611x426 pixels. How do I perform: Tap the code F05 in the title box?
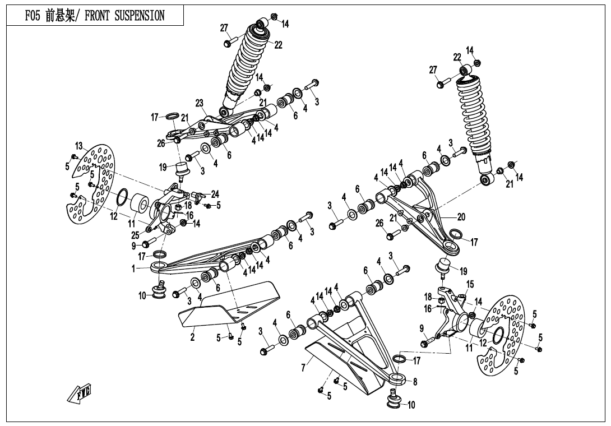[34, 16]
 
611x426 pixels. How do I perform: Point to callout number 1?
[133, 269]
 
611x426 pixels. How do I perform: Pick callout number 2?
[192, 337]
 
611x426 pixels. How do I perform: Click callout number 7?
[303, 368]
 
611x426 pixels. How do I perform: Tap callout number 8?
[415, 382]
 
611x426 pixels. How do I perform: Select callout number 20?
[461, 217]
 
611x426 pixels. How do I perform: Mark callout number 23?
[199, 103]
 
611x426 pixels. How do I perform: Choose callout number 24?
[215, 195]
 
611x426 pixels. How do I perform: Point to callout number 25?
[135, 235]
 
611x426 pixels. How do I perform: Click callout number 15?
[470, 285]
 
